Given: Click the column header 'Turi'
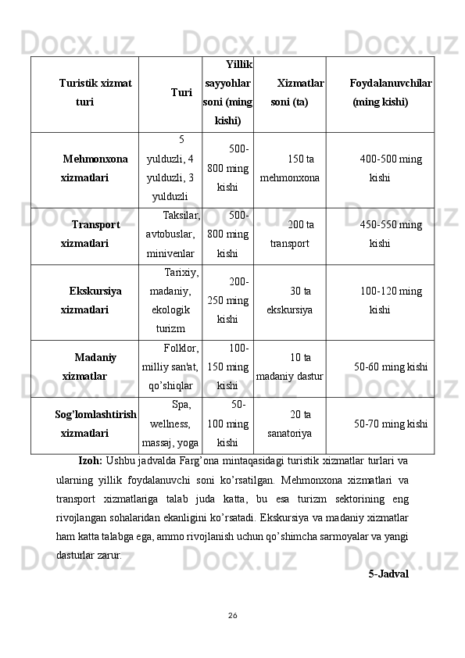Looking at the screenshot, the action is (181, 92).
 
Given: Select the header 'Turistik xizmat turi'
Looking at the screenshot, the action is (95, 92).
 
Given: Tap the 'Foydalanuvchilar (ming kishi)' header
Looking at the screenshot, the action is (391, 92).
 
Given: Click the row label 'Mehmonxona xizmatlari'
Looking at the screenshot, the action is (95, 168).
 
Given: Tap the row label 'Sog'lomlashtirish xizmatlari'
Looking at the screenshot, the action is (95, 423).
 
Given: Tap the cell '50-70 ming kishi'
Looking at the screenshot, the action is (390, 424).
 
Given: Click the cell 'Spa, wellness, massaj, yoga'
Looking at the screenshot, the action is (170, 424).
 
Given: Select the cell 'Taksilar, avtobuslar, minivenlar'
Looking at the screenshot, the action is (171, 234).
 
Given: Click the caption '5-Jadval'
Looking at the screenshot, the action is (388, 574).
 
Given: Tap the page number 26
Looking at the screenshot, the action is (232, 615).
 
